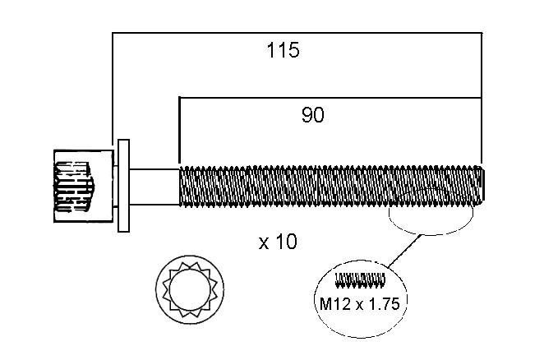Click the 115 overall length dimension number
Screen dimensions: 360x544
click(284, 50)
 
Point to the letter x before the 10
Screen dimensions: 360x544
click(264, 243)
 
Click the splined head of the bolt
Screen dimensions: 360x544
click(81, 186)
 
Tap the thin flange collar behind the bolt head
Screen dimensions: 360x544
click(124, 186)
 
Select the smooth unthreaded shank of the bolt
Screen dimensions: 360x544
click(154, 186)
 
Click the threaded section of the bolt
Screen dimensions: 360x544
click(329, 186)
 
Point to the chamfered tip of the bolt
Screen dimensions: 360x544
click(482, 186)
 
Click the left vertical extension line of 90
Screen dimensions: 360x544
click(179, 132)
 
